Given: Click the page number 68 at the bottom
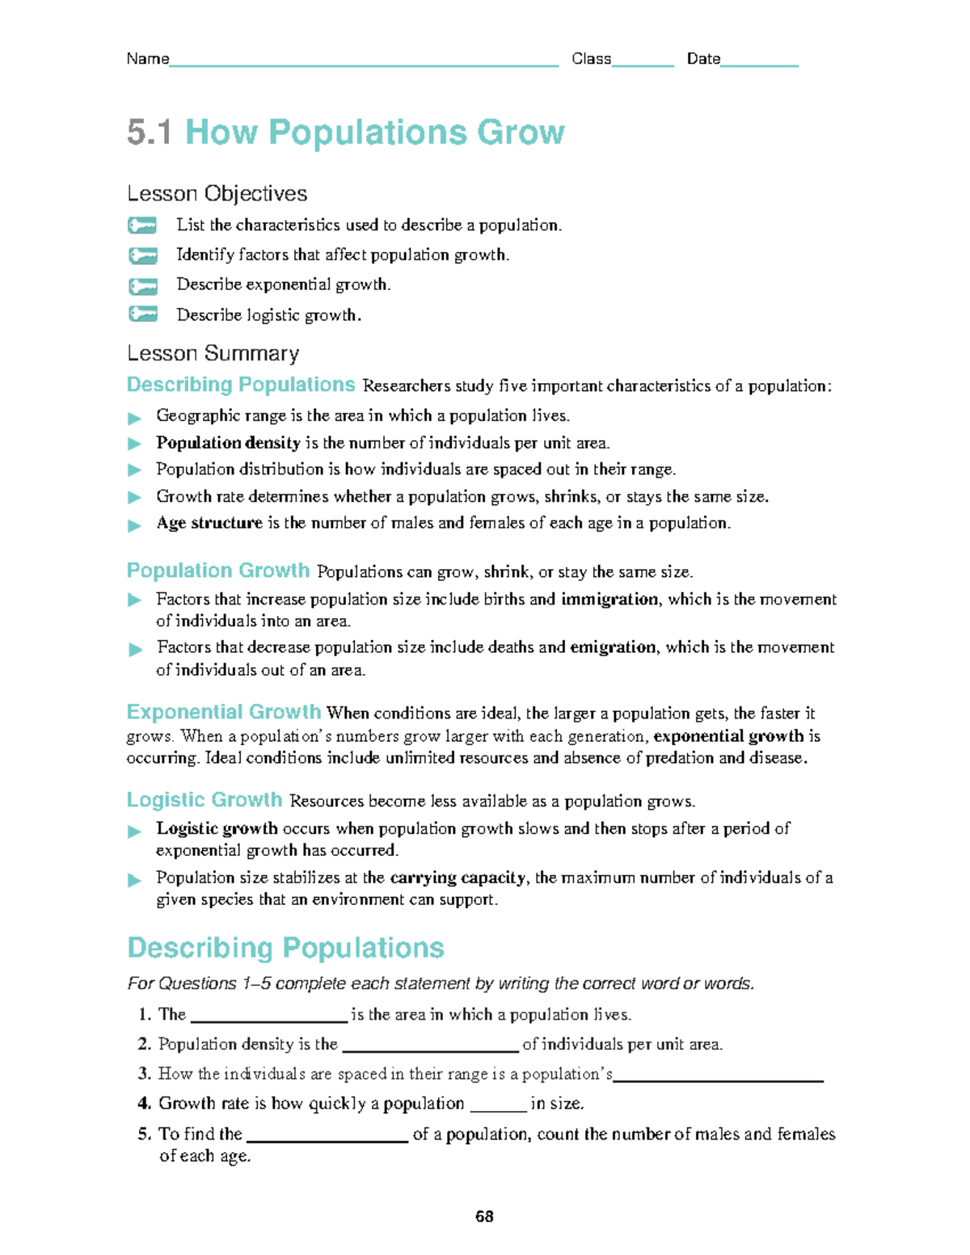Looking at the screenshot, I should [x=484, y=1216].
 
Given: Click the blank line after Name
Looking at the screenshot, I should [x=364, y=64].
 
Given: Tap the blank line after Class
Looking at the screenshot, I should [x=643, y=64].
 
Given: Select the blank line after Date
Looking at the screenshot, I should [x=759, y=64].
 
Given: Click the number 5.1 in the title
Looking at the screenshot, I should [x=150, y=133].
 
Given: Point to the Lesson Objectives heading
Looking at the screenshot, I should [x=217, y=194].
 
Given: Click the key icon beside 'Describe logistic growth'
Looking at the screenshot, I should [x=143, y=314].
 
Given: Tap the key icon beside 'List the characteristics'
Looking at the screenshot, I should [x=143, y=225].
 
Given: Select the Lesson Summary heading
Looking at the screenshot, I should [x=213, y=354].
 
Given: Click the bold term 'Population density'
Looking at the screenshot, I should [x=228, y=443].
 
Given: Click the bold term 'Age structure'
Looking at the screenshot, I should [x=209, y=523].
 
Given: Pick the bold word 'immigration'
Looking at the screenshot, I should [x=609, y=599].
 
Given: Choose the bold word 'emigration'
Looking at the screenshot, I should [x=613, y=647].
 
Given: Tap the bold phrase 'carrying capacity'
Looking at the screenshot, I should [x=458, y=878].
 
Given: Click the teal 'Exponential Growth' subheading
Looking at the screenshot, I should [x=224, y=712].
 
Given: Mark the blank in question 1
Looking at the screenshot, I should [x=268, y=1018].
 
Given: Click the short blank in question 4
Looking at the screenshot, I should [x=498, y=1108].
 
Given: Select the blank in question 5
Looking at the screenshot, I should [x=327, y=1139].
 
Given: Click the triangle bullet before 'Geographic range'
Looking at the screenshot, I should [x=135, y=418].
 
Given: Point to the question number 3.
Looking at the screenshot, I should [x=145, y=1074].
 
